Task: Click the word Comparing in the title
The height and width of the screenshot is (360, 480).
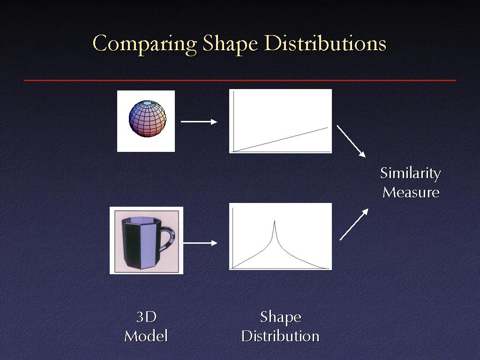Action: (144, 44)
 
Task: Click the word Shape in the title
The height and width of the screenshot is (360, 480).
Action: (230, 44)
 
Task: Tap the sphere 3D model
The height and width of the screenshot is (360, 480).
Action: (148, 119)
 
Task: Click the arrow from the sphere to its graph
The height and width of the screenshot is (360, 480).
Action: (199, 122)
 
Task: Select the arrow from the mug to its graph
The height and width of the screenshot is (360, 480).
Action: (200, 243)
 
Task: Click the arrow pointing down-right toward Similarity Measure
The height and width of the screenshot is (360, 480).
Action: (351, 141)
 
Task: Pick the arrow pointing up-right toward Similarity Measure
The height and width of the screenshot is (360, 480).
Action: (354, 225)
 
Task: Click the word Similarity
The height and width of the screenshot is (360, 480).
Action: (410, 173)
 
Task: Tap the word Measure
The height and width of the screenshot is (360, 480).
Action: (411, 193)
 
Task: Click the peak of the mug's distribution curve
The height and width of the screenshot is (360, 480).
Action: (274, 221)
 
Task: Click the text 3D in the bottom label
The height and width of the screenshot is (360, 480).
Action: (146, 317)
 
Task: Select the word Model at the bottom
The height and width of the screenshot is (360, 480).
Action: (146, 336)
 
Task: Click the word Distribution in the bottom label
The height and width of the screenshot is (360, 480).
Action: (280, 336)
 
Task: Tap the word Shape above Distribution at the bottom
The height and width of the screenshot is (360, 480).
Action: (281, 318)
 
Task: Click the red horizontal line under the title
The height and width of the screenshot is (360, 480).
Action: (240, 80)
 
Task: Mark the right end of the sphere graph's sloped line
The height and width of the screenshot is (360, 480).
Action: (328, 127)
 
